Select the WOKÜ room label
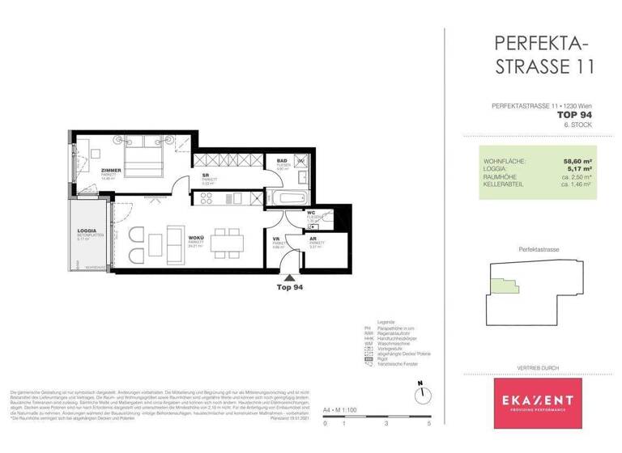[x=195, y=237]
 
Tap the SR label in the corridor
[x=206, y=174]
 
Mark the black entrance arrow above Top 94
[x=289, y=277]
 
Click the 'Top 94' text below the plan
[x=289, y=287]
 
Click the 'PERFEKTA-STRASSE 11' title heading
[x=543, y=54]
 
